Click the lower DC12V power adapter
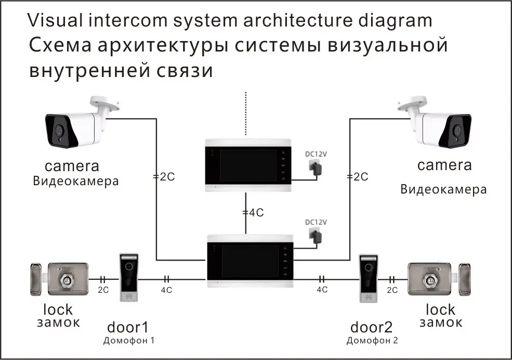click(x=316, y=235)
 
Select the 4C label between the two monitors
click(x=254, y=213)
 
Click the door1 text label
click(x=128, y=327)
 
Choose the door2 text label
click(x=372, y=327)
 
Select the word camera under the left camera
click(x=72, y=166)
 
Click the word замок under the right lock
click(x=441, y=323)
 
